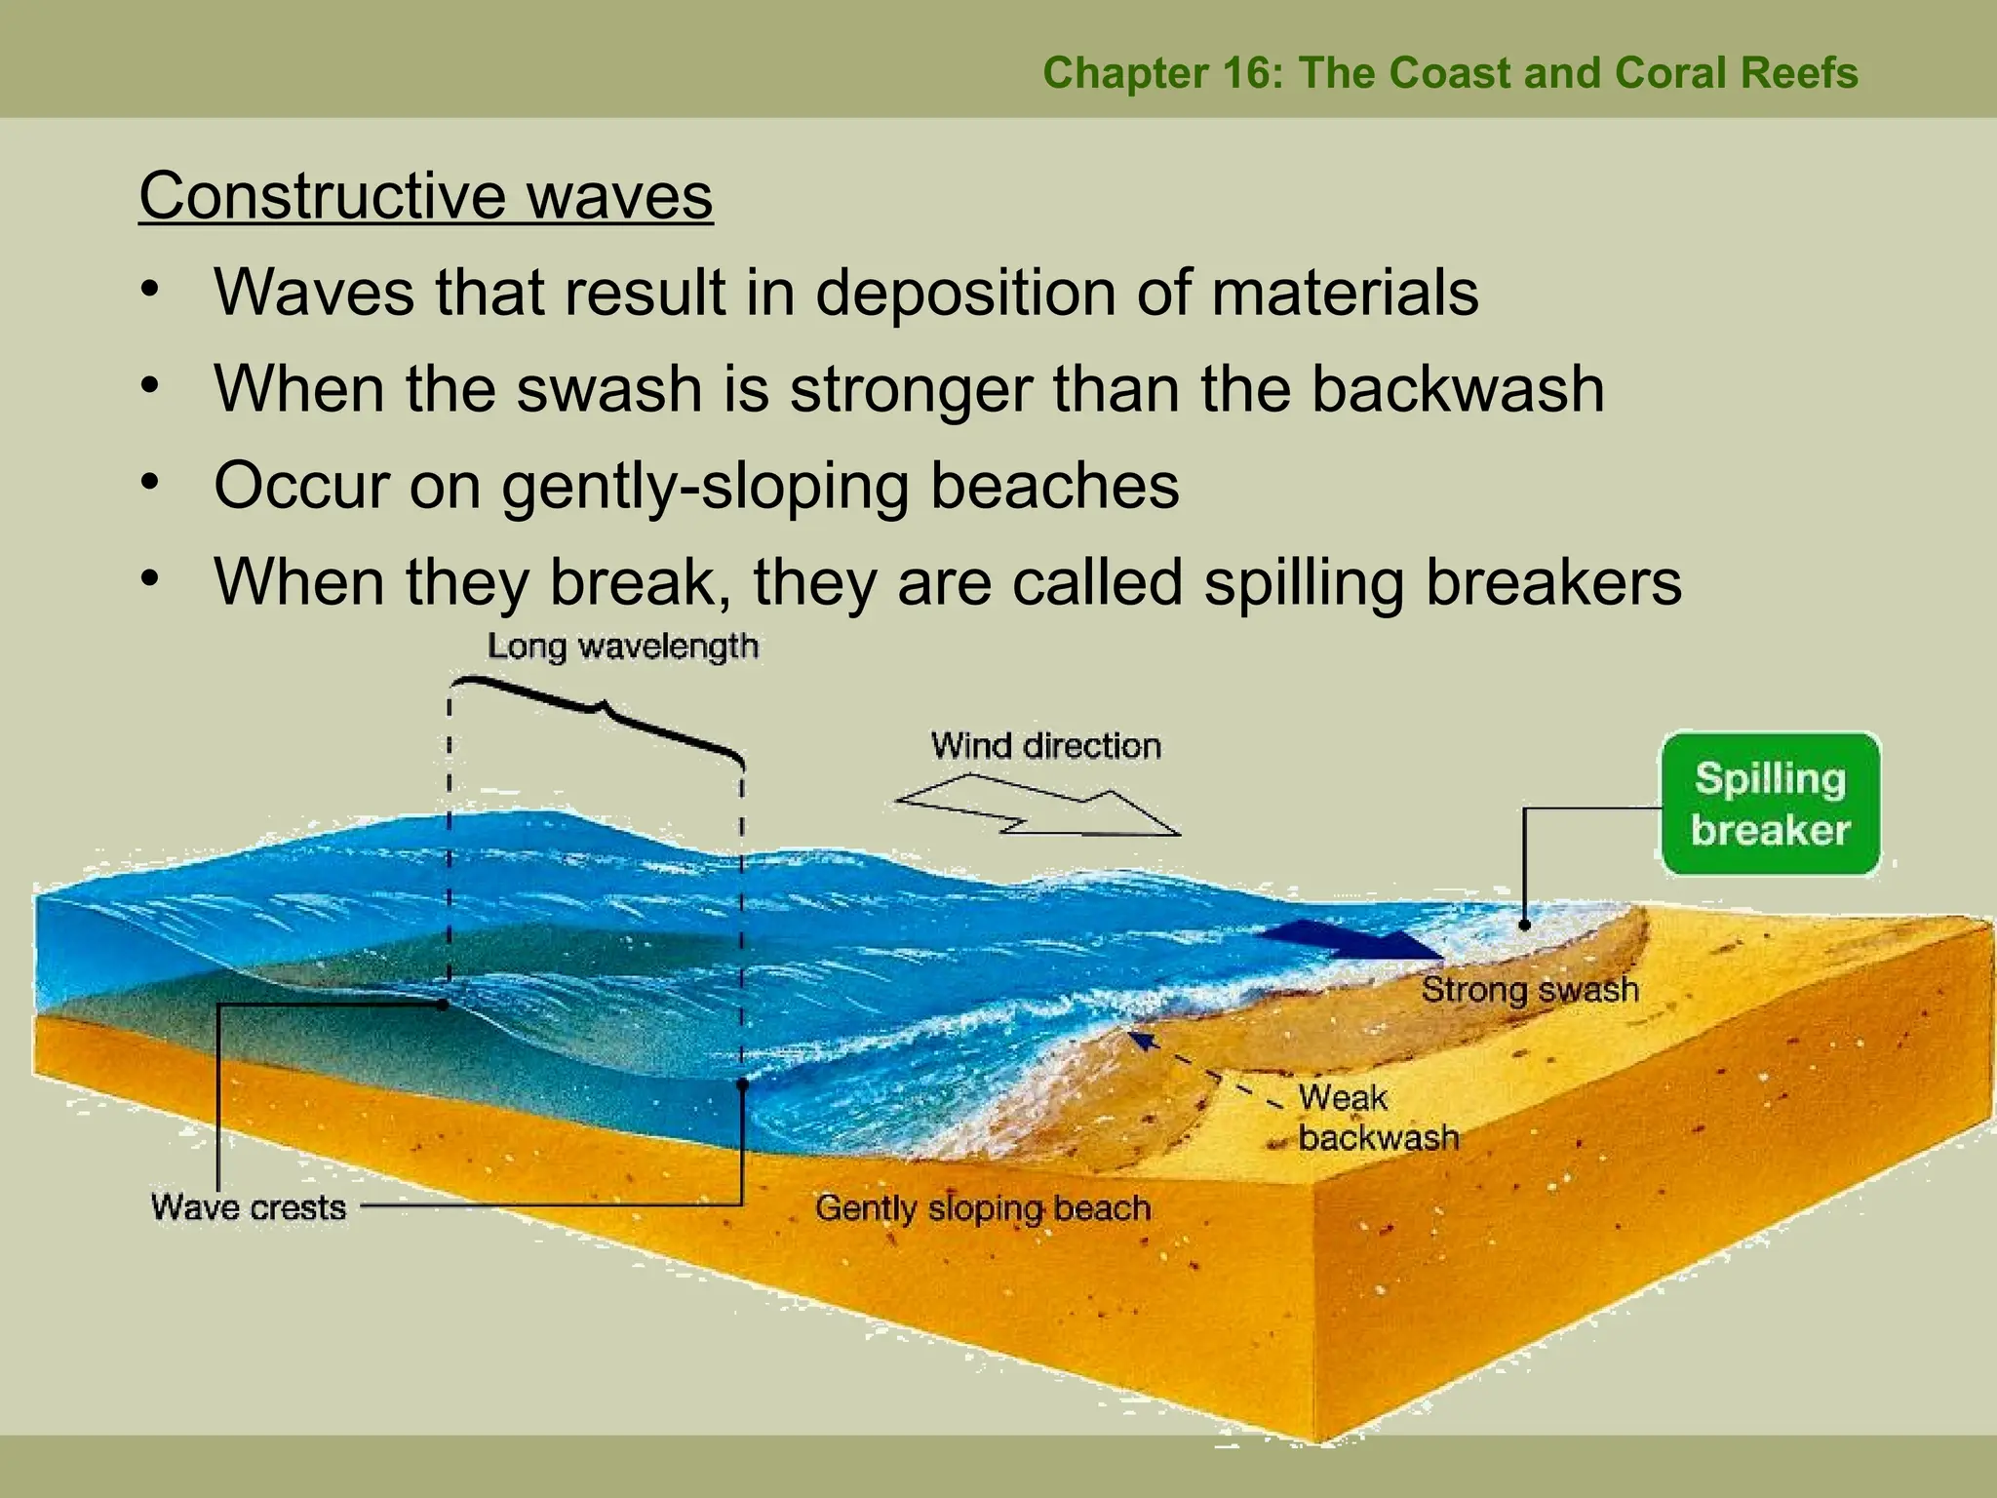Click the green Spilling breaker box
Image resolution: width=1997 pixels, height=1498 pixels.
[1770, 804]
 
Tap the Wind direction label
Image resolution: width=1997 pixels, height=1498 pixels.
[1045, 746]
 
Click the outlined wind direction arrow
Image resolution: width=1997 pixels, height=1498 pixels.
[1038, 807]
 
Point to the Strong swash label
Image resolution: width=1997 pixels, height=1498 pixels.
[1529, 990]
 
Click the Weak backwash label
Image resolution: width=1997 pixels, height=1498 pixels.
[1377, 1118]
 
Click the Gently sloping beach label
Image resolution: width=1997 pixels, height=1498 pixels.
[983, 1208]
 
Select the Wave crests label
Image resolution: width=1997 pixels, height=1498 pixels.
[249, 1207]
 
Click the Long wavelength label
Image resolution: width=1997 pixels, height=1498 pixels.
[622, 647]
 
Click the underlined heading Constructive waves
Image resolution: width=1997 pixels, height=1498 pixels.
[426, 196]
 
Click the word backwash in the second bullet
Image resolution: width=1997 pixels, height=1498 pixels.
[1457, 388]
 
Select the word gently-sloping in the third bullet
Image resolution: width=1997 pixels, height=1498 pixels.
[706, 486]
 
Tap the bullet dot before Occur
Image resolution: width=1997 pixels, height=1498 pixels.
[148, 482]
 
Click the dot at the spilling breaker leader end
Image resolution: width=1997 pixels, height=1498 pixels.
[1524, 924]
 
